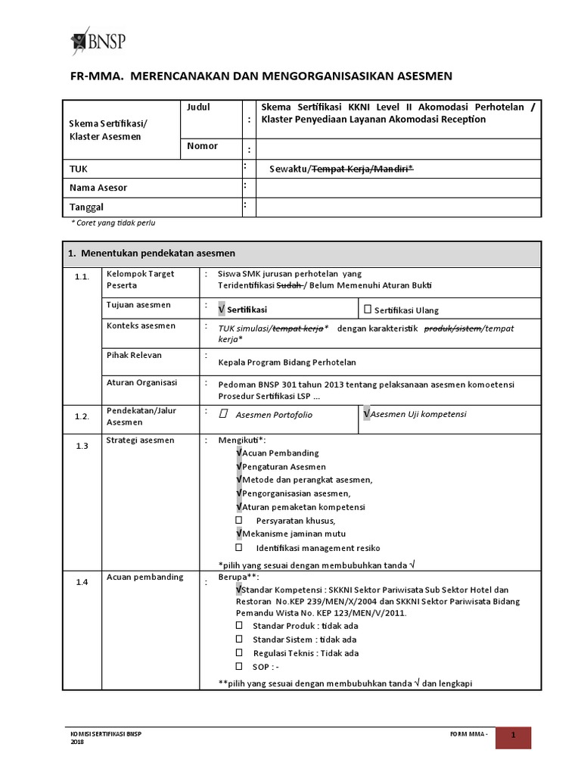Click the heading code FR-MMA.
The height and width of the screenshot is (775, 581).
click(x=92, y=76)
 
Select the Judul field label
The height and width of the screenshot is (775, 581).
click(x=197, y=107)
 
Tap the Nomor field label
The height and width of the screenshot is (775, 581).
click(x=202, y=146)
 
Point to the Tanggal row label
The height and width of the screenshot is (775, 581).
click(x=87, y=207)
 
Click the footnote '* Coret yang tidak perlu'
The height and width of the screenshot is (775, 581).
click(x=113, y=223)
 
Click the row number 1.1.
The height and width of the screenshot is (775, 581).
click(x=82, y=278)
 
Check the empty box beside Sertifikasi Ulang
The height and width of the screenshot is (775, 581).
click(x=368, y=309)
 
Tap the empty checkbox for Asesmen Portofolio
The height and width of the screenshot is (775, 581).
click(x=223, y=414)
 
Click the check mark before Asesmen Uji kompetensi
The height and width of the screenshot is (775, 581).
click(x=367, y=414)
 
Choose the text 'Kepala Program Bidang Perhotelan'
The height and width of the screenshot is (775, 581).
click(x=287, y=363)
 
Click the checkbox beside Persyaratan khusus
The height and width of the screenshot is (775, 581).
click(x=239, y=521)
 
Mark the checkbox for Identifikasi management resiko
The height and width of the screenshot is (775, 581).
click(x=239, y=547)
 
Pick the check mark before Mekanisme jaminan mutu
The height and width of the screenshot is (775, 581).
click(x=239, y=534)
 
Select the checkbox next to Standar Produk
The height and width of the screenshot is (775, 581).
click(x=239, y=626)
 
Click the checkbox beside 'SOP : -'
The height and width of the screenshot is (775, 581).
click(x=239, y=667)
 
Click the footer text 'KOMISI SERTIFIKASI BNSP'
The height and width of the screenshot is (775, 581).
click(x=105, y=734)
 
